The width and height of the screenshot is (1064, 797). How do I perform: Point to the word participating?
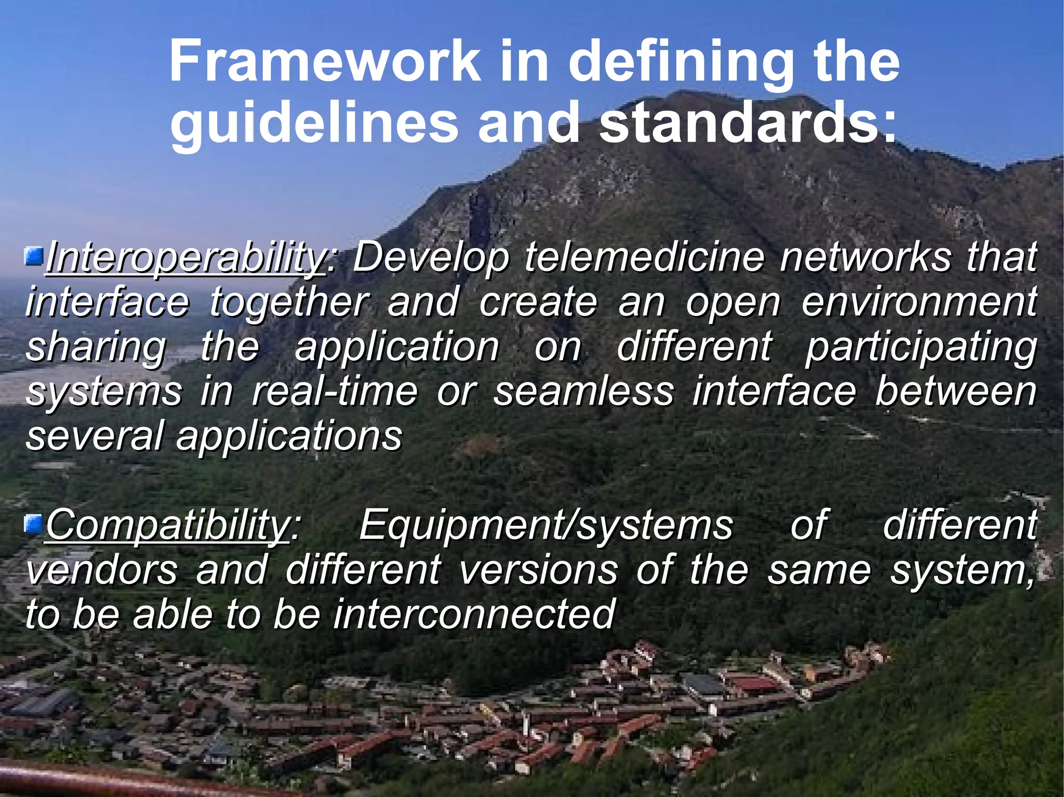[921, 347]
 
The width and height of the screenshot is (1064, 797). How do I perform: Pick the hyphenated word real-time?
[335, 391]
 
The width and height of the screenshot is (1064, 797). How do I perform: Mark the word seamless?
[583, 391]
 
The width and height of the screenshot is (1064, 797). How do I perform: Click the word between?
[956, 391]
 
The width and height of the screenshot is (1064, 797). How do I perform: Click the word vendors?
[102, 570]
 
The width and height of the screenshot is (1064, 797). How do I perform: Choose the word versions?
[539, 570]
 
